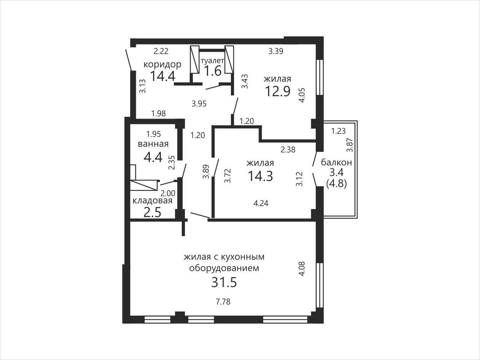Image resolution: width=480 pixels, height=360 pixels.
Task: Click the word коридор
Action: click(x=162, y=65)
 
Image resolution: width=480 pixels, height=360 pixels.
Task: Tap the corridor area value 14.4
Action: click(x=163, y=76)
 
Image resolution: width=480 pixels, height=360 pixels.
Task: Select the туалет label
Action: click(x=212, y=61)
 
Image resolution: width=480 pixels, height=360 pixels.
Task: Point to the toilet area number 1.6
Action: click(x=213, y=71)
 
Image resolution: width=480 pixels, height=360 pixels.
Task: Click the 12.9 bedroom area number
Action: click(x=278, y=91)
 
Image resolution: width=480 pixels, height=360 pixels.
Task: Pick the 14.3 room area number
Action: click(x=260, y=176)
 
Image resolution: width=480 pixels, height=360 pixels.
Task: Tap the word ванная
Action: click(x=153, y=144)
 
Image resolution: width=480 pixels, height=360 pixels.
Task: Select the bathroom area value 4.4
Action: click(x=153, y=157)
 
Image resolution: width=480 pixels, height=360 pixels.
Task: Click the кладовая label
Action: click(x=153, y=201)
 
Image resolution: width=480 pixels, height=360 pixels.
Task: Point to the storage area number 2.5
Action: click(x=153, y=212)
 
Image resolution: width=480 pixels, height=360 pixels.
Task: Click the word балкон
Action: click(x=336, y=162)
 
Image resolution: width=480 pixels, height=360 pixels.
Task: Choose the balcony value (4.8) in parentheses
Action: click(x=336, y=184)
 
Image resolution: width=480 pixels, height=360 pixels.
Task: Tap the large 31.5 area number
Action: click(x=224, y=282)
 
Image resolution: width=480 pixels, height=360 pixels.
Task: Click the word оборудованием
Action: click(x=224, y=268)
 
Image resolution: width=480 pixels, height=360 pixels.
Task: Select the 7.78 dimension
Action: click(x=223, y=302)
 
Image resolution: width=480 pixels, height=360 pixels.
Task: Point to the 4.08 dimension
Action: click(x=302, y=269)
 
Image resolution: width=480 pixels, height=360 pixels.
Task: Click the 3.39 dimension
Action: click(x=276, y=51)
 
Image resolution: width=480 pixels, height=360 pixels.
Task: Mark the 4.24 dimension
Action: click(x=261, y=203)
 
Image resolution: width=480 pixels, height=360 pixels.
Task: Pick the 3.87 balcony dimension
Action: click(x=350, y=145)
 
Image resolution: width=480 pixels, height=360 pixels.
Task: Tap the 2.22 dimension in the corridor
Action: click(x=161, y=51)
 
